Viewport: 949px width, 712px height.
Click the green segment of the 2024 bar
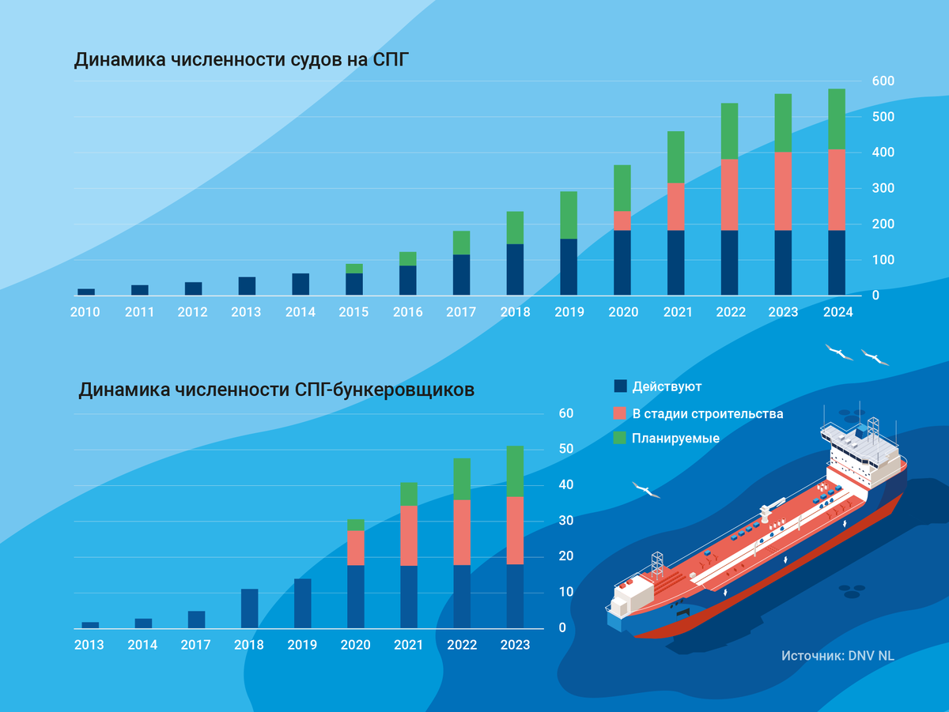(x=837, y=119)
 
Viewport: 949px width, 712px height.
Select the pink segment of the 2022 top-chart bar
(x=729, y=194)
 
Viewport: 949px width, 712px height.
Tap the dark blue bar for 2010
(x=86, y=292)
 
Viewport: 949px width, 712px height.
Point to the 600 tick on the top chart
(x=883, y=81)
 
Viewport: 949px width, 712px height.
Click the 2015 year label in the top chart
(x=354, y=312)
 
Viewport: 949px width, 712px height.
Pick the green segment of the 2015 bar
(x=354, y=269)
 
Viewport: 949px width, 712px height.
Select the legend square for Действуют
(x=620, y=386)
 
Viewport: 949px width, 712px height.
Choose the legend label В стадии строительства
(x=708, y=413)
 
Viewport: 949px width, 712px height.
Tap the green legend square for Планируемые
(x=620, y=438)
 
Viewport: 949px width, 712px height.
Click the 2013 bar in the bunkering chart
(x=90, y=625)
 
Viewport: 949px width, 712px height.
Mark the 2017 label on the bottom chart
(x=195, y=645)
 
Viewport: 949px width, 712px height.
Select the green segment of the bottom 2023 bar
(x=515, y=471)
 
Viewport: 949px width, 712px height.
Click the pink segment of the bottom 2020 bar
(x=356, y=548)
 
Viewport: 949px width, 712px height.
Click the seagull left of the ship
(x=646, y=491)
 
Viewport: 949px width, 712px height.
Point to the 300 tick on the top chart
(x=883, y=188)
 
